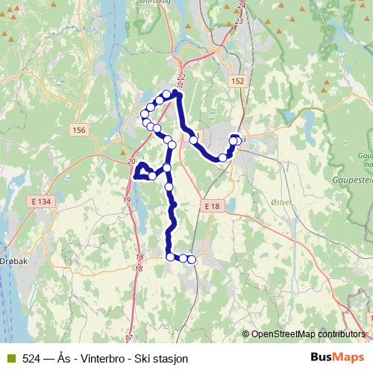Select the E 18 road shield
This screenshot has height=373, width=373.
point(211,205)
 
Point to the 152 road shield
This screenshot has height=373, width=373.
point(238,81)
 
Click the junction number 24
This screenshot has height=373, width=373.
point(240,6)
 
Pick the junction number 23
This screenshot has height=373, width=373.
point(239,21)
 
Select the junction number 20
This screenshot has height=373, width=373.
point(131,162)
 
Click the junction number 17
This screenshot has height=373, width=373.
point(128,338)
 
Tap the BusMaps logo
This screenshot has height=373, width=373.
point(337,358)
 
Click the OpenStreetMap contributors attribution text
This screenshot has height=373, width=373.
point(308,334)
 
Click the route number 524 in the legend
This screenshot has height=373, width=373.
point(31,359)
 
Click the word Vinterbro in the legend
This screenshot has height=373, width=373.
point(100,359)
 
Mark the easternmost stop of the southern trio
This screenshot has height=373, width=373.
point(191,259)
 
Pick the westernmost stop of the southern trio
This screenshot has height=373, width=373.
point(170,257)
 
